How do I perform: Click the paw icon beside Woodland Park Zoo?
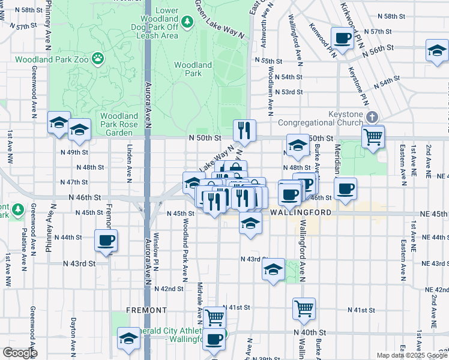tap(97, 59)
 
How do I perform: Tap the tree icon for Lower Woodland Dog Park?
tap(187, 22)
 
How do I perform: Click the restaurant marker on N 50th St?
tap(244, 130)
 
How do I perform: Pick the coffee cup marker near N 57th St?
tap(343, 38)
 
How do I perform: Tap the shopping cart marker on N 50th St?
tap(373, 137)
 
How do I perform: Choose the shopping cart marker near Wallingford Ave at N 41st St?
tap(304, 308)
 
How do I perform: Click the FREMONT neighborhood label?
tap(146, 310)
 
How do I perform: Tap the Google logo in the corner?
tap(19, 353)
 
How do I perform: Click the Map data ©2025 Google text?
tap(411, 355)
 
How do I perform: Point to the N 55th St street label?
tap(268, 61)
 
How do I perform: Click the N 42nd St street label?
tap(168, 289)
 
